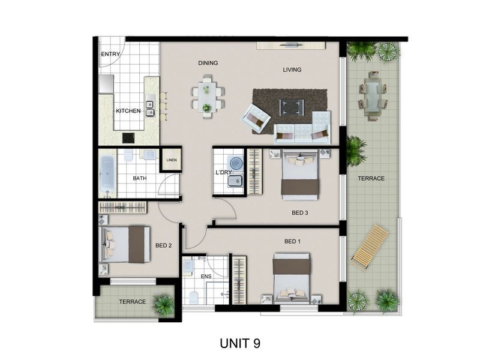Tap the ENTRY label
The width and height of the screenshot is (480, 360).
tap(110, 55)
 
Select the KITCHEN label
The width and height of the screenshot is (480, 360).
tap(128, 111)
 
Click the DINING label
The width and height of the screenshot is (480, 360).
tap(208, 63)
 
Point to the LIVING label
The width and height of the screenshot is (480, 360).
tap(292, 70)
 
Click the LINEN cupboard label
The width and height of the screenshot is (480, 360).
tap(172, 160)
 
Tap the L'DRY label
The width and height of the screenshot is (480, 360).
tap(224, 173)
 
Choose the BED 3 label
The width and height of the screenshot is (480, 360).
tap(300, 212)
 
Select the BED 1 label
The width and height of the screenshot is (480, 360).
tap(292, 241)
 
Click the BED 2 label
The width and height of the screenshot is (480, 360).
tap(164, 245)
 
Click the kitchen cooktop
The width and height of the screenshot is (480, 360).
tap(128, 137)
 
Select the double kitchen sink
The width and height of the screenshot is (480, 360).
tap(149, 108)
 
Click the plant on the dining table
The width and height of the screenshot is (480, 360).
tap(207, 108)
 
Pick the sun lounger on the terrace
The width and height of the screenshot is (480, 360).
tap(370, 247)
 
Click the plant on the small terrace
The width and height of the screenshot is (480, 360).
tap(163, 304)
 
